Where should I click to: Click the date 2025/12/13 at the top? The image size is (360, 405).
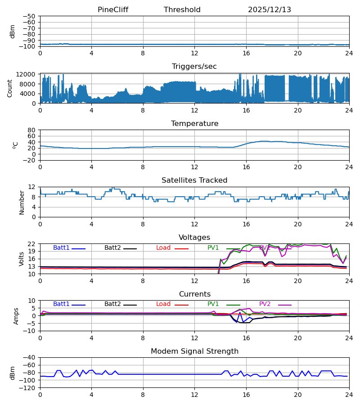pos(270,10)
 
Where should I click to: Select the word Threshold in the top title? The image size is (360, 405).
pos(182,10)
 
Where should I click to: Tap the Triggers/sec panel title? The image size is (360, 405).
pos(194,67)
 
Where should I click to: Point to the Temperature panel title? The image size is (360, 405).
pos(194,124)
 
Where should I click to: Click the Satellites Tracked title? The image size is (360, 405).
pos(194,180)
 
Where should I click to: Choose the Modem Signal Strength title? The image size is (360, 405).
pos(194,351)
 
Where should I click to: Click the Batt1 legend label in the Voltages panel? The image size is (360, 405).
pos(61,248)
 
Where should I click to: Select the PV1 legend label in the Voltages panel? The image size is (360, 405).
pos(213,248)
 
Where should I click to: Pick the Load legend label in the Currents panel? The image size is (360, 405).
pos(163,304)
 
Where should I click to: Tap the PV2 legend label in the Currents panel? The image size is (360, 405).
pos(265,304)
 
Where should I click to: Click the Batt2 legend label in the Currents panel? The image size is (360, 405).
pos(112,304)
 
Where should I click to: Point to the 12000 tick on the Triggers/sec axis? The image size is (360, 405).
pos(28,74)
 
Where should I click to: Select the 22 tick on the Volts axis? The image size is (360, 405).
pos(32,244)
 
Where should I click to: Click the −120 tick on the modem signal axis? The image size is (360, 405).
pos(28,388)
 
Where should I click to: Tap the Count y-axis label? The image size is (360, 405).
pos(10,88)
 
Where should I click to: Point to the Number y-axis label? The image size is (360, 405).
pos(22,202)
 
